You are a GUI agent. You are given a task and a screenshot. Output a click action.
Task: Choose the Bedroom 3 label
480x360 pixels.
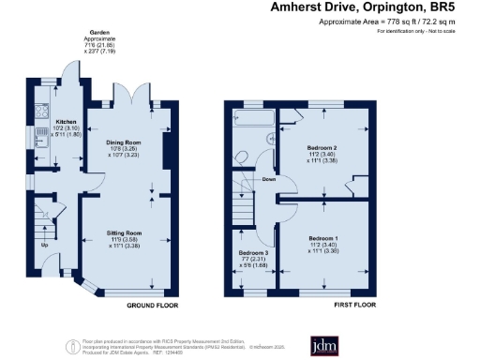pos(252,254)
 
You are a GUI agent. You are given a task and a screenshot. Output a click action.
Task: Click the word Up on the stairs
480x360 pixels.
pos(43,246)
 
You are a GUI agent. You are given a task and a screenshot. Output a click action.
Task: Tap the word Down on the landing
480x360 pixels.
pos(268,179)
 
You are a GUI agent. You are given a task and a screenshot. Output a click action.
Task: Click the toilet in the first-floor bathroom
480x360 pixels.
pos(241,157)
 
